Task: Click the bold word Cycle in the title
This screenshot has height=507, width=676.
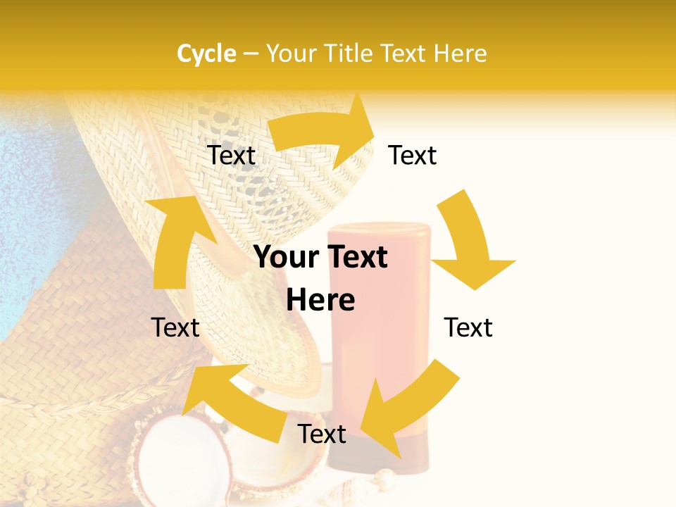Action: coord(206,54)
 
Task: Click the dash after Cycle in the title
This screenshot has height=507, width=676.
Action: coord(251,54)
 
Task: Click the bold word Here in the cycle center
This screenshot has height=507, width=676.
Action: coord(320,300)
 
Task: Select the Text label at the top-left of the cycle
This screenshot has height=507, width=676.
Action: coord(232,155)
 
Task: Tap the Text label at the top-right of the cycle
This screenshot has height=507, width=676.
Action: coord(413,155)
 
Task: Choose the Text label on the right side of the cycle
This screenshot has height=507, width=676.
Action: coord(468,327)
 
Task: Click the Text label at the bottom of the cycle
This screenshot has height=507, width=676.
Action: coord(322,434)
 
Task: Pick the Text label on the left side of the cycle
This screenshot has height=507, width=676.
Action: coord(175,327)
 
